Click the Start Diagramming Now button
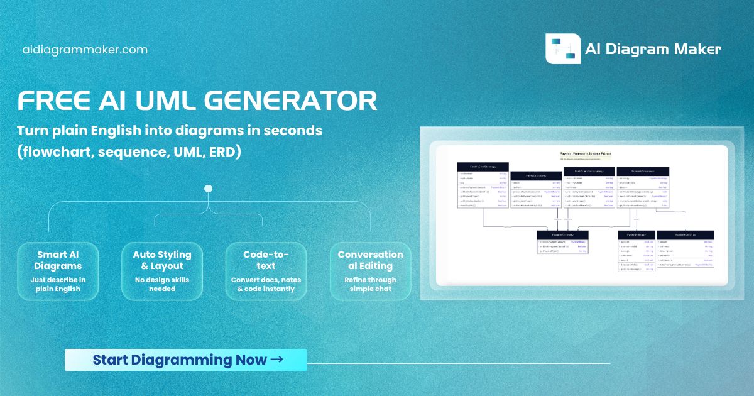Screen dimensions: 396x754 [186, 360]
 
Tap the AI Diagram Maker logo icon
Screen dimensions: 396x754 [562, 49]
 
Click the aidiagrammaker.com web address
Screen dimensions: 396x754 [85, 50]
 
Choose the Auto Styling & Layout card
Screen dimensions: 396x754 [162, 271]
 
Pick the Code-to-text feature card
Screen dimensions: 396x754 [266, 271]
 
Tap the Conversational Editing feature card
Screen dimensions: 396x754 [370, 271]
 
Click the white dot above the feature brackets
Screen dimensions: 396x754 [209, 189]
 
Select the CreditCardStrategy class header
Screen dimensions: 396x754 [483, 167]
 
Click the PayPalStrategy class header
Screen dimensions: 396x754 [535, 175]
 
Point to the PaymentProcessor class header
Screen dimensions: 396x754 [642, 170]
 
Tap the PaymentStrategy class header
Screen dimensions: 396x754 [562, 234]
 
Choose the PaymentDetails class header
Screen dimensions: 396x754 [685, 234]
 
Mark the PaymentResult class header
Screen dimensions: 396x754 [637, 234]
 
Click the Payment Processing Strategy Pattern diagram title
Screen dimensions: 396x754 [586, 153]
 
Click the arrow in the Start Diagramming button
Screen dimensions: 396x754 [276, 360]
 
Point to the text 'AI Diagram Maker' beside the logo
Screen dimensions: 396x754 [653, 50]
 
